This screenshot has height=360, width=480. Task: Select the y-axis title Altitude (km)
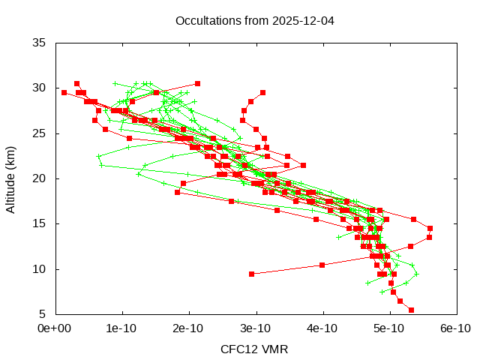click(x=10, y=178)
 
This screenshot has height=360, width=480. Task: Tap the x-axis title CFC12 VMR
click(x=254, y=349)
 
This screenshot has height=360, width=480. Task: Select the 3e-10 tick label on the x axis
click(x=255, y=328)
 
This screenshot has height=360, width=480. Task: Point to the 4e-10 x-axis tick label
click(x=322, y=328)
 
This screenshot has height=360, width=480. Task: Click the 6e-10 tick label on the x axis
click(x=455, y=328)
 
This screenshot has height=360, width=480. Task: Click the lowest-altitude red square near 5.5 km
click(x=411, y=310)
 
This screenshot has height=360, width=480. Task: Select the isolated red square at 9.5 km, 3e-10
click(x=251, y=274)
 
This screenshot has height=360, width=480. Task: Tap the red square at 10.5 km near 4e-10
click(x=322, y=265)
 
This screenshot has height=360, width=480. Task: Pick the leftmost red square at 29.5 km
click(x=64, y=92)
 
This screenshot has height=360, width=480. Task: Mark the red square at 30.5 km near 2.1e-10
click(x=197, y=83)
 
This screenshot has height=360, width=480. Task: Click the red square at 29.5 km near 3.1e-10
click(x=262, y=92)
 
